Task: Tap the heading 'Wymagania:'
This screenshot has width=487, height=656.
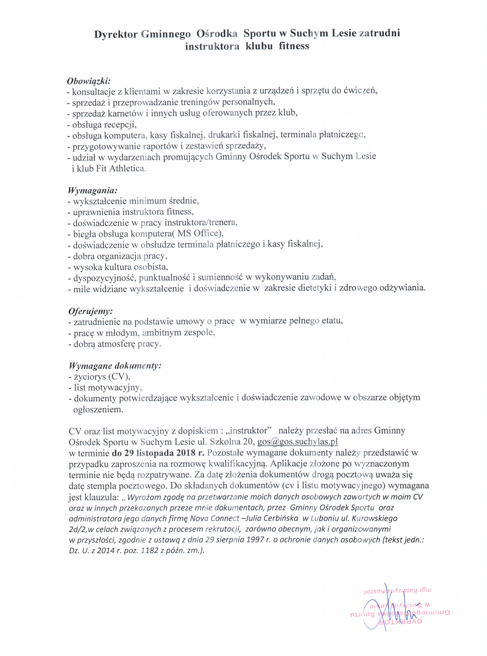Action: (x=93, y=190)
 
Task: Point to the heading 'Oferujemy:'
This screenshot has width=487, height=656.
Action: (x=91, y=311)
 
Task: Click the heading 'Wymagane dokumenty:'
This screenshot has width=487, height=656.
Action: (x=115, y=366)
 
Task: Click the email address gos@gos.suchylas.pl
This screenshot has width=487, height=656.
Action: (x=297, y=442)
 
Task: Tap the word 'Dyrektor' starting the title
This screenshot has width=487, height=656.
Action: (x=116, y=35)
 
